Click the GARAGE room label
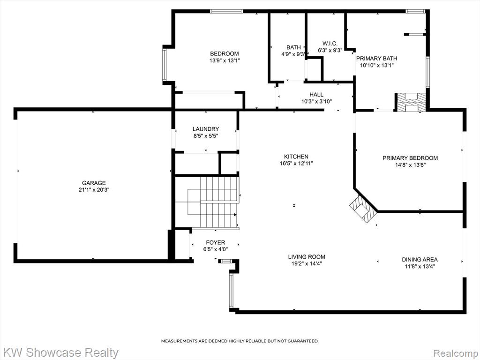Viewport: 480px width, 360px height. pos(94,183)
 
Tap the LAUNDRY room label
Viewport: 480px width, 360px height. pos(206,129)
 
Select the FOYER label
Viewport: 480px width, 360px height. pos(216,242)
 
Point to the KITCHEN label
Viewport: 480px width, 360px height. pos(296,157)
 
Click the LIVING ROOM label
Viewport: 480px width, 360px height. pos(307,257)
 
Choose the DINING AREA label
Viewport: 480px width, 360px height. pos(420,260)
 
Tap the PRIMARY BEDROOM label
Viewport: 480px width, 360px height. pos(410,158)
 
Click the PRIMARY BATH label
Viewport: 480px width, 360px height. pos(376,59)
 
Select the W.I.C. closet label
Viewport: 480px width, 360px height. pos(330,44)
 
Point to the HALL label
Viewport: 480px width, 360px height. pos(316,95)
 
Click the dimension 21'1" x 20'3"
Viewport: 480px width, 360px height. pos(94,190)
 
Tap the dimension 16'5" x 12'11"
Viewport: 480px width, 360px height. pos(296,164)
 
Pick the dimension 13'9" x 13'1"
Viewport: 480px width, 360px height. pos(225,60)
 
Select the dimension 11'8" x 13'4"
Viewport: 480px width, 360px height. pos(420,266)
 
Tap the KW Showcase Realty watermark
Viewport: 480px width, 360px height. pos(60,352)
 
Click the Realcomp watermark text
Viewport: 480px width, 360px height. pos(456,352)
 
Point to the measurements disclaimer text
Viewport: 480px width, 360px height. pos(240,341)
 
